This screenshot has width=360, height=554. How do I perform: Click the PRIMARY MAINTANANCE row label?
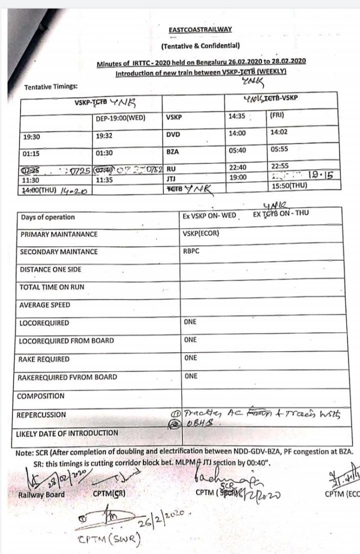(x=58, y=235)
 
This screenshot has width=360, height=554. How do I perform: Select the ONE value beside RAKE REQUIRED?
(x=190, y=358)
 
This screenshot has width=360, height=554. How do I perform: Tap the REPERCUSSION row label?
(x=43, y=415)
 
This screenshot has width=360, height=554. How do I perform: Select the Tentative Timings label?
(x=51, y=87)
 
